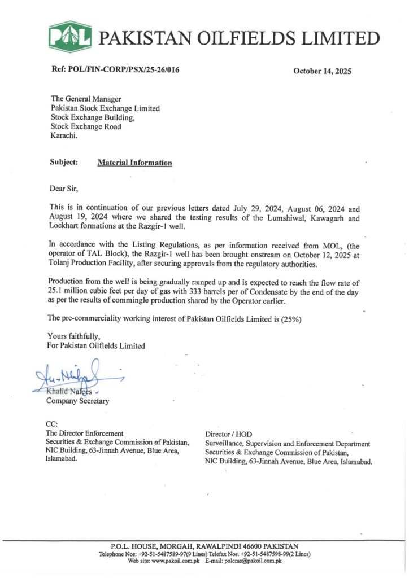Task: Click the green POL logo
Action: coord(70,37)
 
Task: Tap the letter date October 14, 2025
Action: coord(322,71)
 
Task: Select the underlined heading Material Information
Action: coord(134,163)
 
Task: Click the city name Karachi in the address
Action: coord(64,136)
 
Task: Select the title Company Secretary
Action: coord(78,401)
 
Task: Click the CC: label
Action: coord(51,424)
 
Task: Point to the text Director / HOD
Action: coord(229,434)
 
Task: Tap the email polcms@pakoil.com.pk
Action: coord(254,561)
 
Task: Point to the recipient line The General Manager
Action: coord(86,99)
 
